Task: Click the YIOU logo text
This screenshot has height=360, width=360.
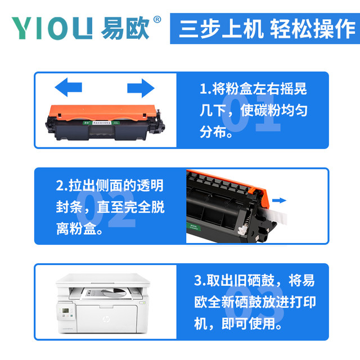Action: [52, 28]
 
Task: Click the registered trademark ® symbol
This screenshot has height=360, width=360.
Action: [157, 19]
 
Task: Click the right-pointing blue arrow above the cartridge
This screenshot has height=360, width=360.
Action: [140, 88]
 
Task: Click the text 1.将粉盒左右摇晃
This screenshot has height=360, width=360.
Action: [253, 89]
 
